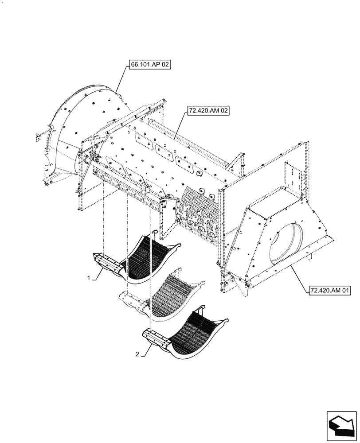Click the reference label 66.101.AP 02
point(150,65)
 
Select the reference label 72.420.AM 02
point(208,112)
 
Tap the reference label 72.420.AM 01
point(329,291)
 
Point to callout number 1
point(89,278)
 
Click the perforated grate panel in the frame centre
point(200,208)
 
